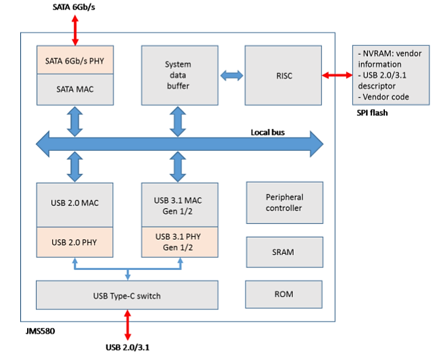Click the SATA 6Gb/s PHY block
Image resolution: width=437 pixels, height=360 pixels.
[74, 61]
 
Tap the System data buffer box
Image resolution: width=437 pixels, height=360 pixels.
[179, 75]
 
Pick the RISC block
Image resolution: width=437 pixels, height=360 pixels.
[283, 75]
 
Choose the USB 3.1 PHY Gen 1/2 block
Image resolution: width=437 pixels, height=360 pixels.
[179, 242]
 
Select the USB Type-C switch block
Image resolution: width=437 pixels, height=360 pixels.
[127, 295]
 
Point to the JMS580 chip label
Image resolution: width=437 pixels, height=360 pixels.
[36, 332]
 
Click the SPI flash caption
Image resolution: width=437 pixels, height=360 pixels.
[372, 112]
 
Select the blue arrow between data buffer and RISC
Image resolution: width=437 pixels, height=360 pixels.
[231, 74]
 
